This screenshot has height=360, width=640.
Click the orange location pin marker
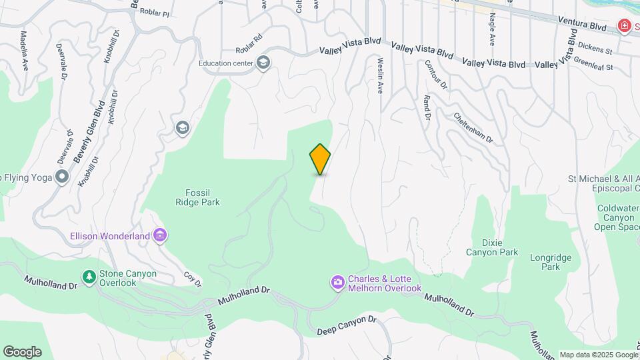tap(320, 159)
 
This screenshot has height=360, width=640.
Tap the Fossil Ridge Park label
tap(197, 197)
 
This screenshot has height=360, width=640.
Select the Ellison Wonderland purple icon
tap(160, 235)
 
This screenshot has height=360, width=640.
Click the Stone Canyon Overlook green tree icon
tap(88, 276)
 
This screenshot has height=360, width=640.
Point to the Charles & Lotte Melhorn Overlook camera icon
tap(338, 283)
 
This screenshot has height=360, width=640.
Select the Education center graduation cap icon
tap(263, 63)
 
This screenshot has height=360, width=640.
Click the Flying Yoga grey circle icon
tap(63, 177)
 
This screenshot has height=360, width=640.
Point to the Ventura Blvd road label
tap(584, 25)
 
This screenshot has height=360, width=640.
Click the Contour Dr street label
tap(435, 75)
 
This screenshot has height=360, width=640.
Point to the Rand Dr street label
tap(426, 107)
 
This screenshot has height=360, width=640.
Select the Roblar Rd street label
tap(249, 49)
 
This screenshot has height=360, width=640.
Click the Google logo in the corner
tap(22, 352)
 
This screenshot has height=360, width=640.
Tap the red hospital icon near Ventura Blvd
tap(625, 26)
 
